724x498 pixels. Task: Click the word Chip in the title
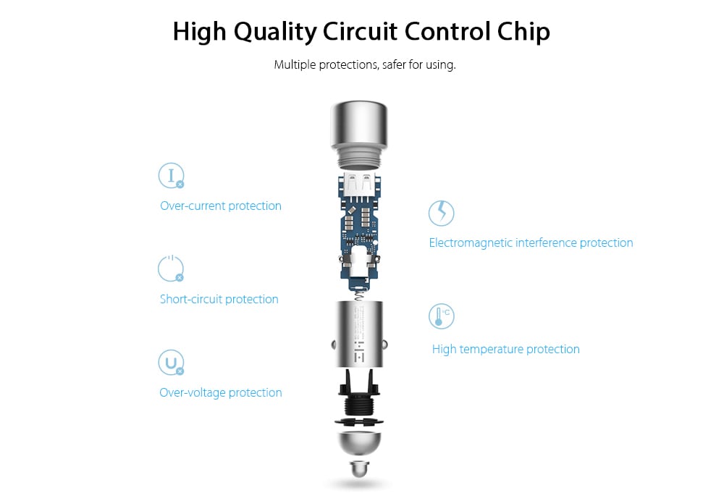pos(523,33)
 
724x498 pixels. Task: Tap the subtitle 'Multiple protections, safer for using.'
pos(365,64)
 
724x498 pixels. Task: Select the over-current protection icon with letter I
pos(172,175)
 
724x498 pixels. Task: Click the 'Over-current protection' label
pos(221,206)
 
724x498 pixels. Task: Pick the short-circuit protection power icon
pos(171,269)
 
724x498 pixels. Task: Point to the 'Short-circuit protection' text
pos(219,299)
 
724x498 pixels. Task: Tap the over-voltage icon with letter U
pos(172,363)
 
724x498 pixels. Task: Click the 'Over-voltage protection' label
pos(221,392)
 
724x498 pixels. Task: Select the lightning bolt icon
pos(442,213)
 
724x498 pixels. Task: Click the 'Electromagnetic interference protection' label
pos(531,242)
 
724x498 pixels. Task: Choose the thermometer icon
pos(442,316)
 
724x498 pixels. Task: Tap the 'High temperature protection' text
pos(505,349)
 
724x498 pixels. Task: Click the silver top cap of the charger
pos(359,135)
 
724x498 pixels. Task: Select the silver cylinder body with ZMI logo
pos(359,334)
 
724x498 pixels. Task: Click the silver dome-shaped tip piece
pos(359,444)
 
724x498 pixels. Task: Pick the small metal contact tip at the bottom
pos(359,468)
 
